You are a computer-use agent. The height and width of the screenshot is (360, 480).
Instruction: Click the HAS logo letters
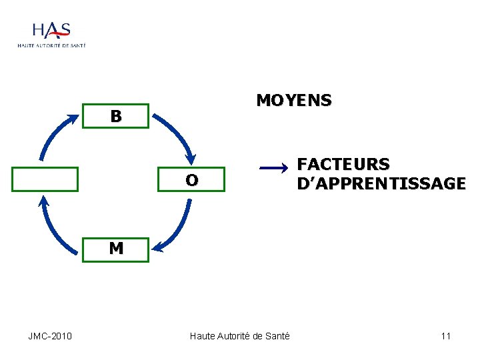click(x=51, y=30)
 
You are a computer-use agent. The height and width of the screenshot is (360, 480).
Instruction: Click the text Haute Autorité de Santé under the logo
click(x=51, y=45)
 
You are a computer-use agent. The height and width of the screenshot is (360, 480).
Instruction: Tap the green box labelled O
click(x=192, y=179)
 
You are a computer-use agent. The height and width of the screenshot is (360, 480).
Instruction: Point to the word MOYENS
click(x=294, y=101)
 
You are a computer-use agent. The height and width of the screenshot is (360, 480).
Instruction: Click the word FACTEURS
click(x=343, y=164)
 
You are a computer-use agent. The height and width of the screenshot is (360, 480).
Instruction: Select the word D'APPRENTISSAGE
click(x=381, y=183)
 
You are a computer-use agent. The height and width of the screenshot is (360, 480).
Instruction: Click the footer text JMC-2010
click(x=50, y=335)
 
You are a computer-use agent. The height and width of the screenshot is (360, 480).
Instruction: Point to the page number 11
click(x=445, y=335)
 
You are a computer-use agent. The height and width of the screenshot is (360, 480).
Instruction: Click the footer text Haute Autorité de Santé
click(x=240, y=335)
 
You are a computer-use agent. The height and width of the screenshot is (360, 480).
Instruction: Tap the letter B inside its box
click(x=116, y=116)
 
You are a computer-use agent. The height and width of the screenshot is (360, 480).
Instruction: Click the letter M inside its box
click(x=116, y=249)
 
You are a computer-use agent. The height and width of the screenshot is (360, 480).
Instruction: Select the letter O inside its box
click(x=192, y=180)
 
